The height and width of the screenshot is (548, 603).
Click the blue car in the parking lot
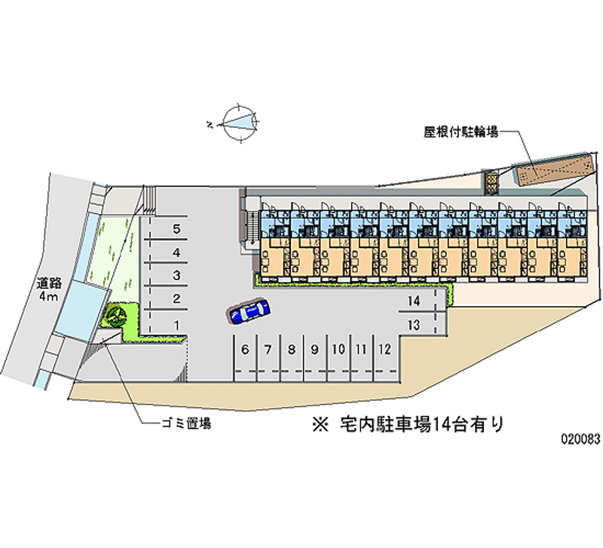(x=250, y=312)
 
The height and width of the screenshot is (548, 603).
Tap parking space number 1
(x=176, y=324)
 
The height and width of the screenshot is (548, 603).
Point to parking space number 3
(x=176, y=275)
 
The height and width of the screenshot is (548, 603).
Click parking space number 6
(x=246, y=349)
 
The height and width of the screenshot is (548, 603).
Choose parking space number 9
(x=314, y=349)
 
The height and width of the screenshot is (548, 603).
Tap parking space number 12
(x=384, y=349)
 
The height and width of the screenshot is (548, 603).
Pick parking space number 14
(x=413, y=301)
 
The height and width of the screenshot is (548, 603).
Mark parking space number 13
(x=413, y=325)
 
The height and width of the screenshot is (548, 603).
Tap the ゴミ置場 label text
(x=185, y=424)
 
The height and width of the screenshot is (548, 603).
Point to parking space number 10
(x=338, y=349)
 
